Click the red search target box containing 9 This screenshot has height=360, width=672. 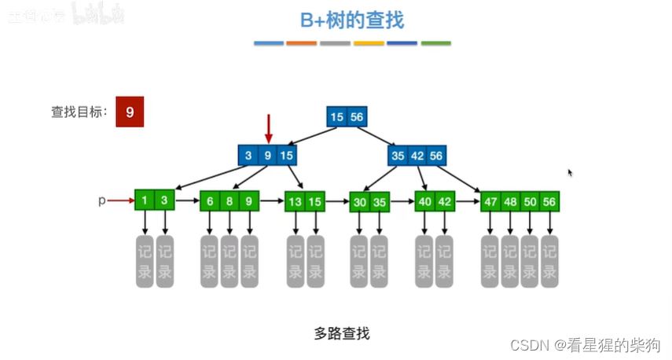click(x=129, y=112)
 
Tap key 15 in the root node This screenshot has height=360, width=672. click(x=337, y=117)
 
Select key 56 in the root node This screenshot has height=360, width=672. click(x=357, y=117)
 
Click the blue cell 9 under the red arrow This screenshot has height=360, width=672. click(x=268, y=156)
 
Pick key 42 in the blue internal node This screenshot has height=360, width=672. click(x=417, y=156)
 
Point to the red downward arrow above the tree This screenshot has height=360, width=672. click(x=268, y=127)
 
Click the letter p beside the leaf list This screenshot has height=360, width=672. click(x=101, y=200)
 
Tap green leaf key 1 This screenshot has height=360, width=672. click(x=145, y=200)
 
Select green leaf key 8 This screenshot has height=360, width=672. click(x=230, y=201)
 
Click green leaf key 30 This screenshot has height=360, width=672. click(x=360, y=201)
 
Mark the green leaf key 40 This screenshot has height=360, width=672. click(x=425, y=201)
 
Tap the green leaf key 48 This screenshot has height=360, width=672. click(x=510, y=201)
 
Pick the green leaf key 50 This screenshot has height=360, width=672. click(x=530, y=201)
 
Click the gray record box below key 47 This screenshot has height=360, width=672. click(x=490, y=262)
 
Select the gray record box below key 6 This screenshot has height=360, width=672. click(x=209, y=262)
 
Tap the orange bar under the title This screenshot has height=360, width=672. click(x=301, y=43)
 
